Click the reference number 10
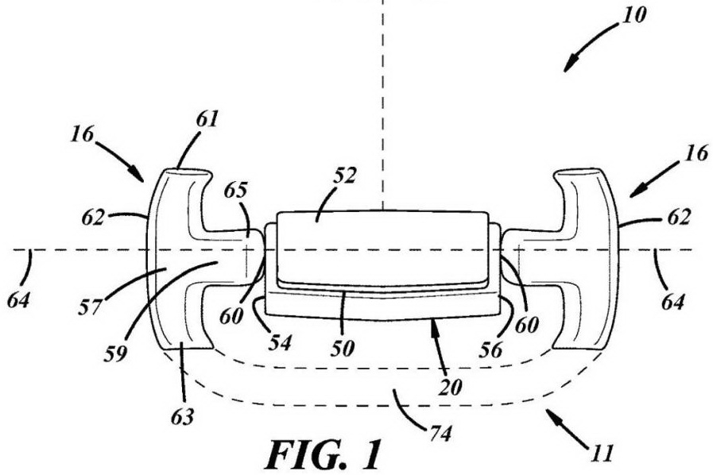pyautogui.click(x=634, y=16)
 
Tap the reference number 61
pyautogui.click(x=207, y=119)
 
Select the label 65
pyautogui.click(x=236, y=191)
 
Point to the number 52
pyautogui.click(x=345, y=176)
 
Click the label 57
pyautogui.click(x=90, y=307)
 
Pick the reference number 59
pyautogui.click(x=115, y=353)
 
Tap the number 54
pyautogui.click(x=279, y=343)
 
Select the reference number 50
pyautogui.click(x=342, y=349)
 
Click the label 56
pyautogui.click(x=491, y=349)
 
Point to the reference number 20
pyautogui.click(x=450, y=388)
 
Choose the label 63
pyautogui.click(x=182, y=417)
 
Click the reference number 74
pyautogui.click(x=440, y=434)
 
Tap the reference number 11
pyautogui.click(x=601, y=454)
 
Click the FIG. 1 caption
pyautogui.click(x=324, y=454)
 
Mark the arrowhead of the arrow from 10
pyautogui.click(x=568, y=66)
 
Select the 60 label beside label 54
pyautogui.click(x=231, y=317)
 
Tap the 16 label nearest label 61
pyautogui.click(x=82, y=134)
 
